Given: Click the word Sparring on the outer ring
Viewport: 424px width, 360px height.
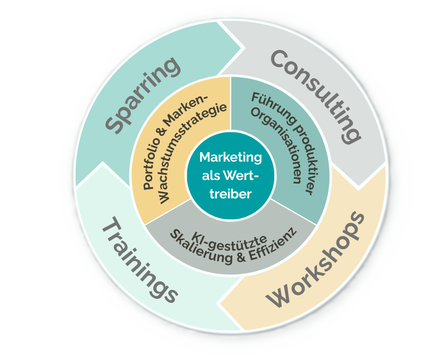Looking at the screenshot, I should pyautogui.click(x=144, y=94).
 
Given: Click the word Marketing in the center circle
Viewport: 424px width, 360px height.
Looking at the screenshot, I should pyautogui.click(x=230, y=157).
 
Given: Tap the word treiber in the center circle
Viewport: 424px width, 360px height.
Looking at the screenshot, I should pyautogui.click(x=230, y=194).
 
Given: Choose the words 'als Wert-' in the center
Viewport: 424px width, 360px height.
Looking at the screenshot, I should pyautogui.click(x=230, y=176).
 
